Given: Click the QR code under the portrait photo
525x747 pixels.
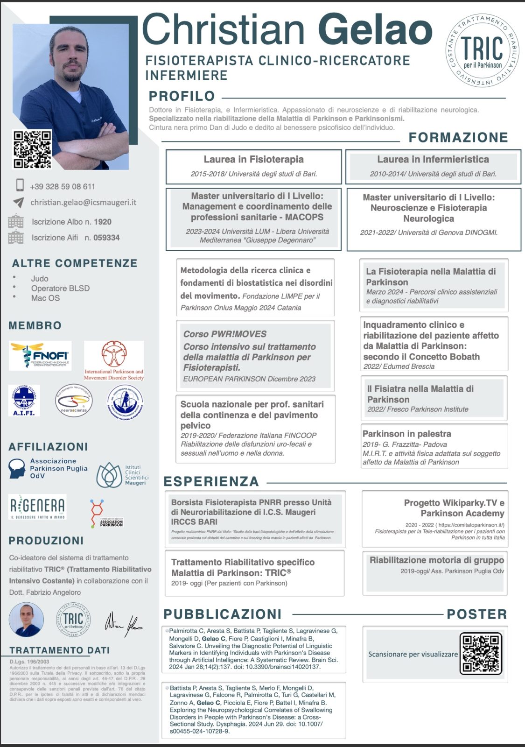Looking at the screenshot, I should coord(32,149).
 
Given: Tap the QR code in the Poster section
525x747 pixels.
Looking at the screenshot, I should coord(481,653).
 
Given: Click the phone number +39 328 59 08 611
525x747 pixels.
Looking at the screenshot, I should coord(63,186).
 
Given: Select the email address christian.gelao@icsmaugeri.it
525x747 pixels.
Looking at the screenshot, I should coord(84,202).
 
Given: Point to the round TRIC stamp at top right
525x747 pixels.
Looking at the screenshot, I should coord(482,50).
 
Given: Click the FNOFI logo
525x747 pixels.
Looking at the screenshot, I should coord(40,356).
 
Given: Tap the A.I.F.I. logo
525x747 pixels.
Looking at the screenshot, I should coord(24,400).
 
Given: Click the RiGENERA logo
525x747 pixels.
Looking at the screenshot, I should coord(38,507).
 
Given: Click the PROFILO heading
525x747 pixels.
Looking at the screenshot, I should coord(182,96).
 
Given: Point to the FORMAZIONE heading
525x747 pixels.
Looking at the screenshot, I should coord(458,137).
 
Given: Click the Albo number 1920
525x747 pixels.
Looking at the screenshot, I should coord(103,222).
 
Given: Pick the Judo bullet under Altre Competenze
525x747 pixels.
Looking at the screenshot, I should coord(40,278).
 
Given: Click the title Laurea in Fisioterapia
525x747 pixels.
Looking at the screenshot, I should coord(253,159).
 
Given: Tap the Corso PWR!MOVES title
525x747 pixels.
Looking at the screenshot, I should coord(225,334).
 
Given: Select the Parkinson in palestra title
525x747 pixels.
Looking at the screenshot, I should coord(406,434).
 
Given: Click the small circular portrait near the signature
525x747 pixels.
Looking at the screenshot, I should coord(26,620).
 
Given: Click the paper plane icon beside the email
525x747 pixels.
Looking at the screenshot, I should coord(18,202).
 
